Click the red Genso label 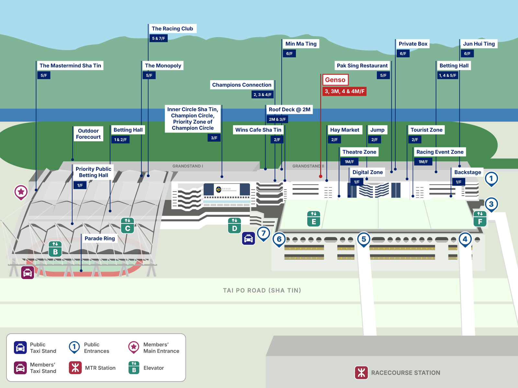point(335,80)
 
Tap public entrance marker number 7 point(264,233)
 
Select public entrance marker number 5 point(364,239)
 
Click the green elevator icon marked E point(314,219)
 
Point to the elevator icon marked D point(234,225)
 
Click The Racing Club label point(172,29)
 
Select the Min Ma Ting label point(301,44)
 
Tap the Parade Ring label point(100,239)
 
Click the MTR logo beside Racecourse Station point(361,372)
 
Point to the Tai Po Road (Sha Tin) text point(262,290)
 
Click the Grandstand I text point(187,166)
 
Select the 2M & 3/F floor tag point(277,119)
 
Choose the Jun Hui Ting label point(479,44)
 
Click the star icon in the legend point(134,347)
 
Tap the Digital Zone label point(367,172)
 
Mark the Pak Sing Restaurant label point(362,66)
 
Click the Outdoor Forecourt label point(88,134)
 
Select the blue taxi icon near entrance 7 point(248,239)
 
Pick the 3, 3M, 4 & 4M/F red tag point(344,92)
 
